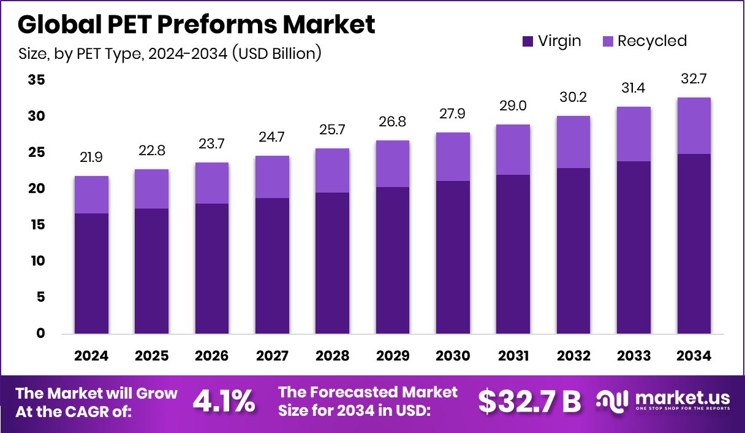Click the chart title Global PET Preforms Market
196,25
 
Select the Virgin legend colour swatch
528,42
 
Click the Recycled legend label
652,41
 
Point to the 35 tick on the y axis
36,80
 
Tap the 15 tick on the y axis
36,225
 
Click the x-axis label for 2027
272,356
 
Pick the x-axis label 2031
513,356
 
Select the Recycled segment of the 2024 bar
92,194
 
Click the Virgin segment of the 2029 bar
393,261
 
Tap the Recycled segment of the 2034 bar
694,126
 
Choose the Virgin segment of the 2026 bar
212,269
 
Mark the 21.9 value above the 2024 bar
92,158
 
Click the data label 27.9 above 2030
453,114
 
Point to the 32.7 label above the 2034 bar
694,79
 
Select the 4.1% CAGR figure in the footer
224,401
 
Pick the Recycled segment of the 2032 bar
573,142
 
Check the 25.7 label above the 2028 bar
333,130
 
